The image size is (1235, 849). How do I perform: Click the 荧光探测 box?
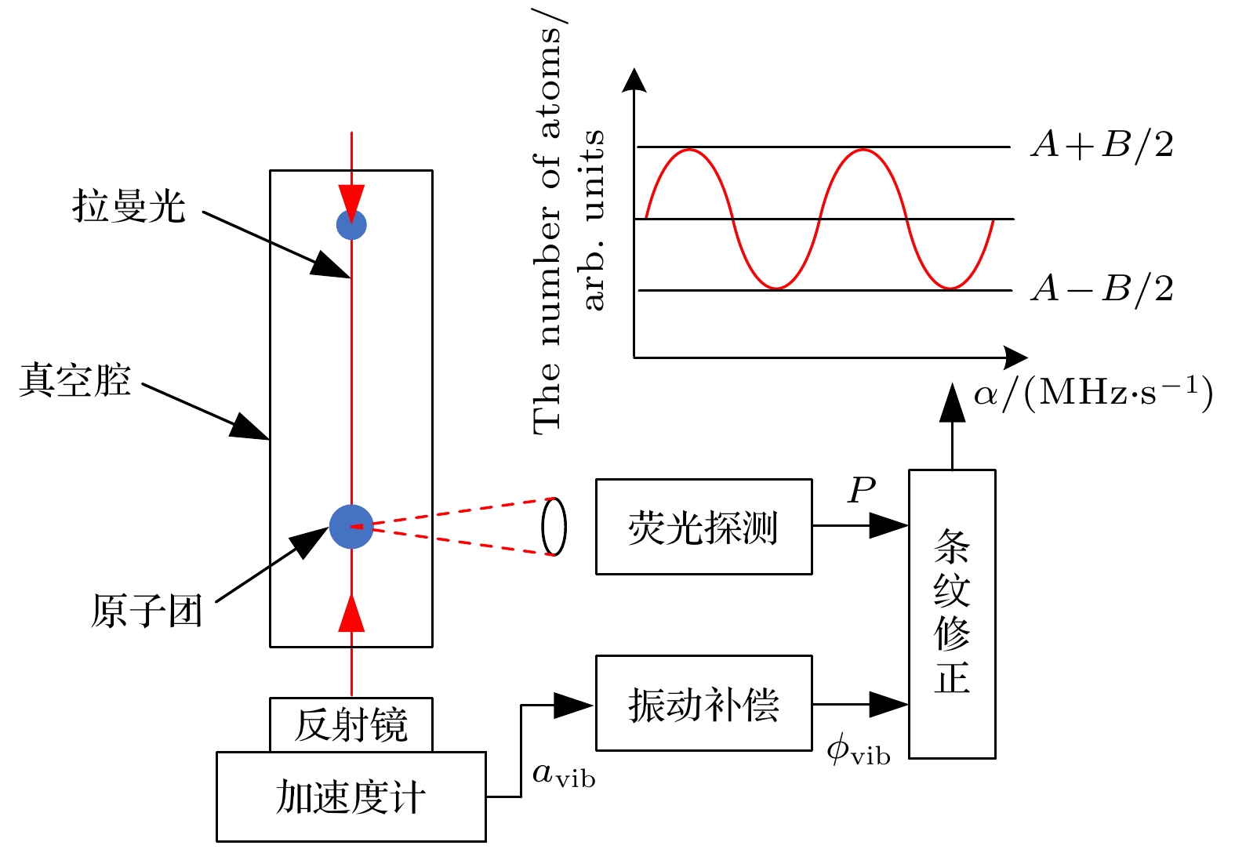tap(703, 527)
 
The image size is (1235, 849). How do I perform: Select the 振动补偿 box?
tap(703, 703)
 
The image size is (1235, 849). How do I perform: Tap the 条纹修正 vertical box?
tap(952, 614)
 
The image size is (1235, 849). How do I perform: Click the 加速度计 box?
tap(351, 797)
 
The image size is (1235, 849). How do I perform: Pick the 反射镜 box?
tap(351, 724)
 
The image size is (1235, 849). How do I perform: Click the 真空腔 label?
tap(75, 381)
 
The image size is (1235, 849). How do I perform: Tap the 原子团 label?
tap(147, 611)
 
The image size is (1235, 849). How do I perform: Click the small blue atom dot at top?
tap(351, 225)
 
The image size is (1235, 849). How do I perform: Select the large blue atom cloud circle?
tap(351, 526)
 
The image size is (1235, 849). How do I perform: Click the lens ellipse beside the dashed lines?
tap(554, 526)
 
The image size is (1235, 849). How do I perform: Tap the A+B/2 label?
tap(1102, 145)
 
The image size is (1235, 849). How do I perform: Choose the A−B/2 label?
tap(1102, 288)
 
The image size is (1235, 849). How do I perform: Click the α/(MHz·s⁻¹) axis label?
tap(1093, 392)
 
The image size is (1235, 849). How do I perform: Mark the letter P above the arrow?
tap(861, 490)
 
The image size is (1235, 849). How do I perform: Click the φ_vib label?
tap(859, 752)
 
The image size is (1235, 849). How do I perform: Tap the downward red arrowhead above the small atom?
tap(351, 200)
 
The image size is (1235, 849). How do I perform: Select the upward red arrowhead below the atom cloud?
tap(351, 614)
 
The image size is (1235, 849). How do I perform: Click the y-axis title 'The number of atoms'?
tap(548, 227)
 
